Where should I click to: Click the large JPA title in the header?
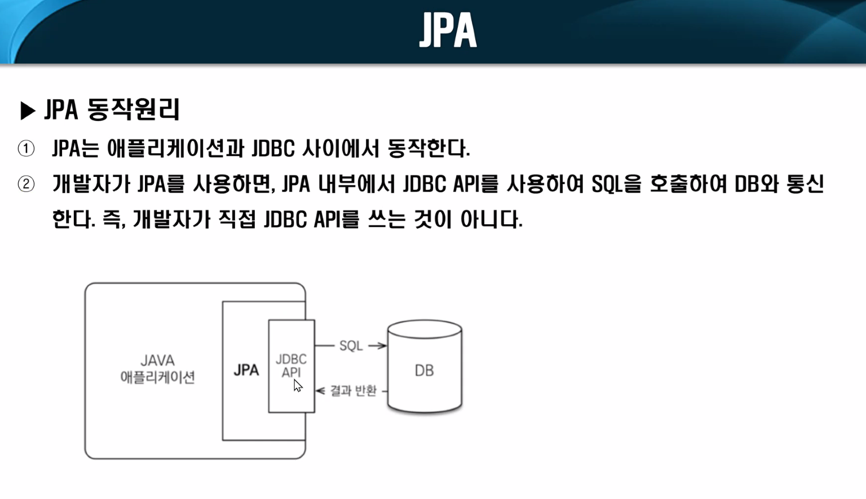pos(448,30)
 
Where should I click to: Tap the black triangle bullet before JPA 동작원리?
pos(28,110)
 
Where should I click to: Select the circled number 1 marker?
pos(26,149)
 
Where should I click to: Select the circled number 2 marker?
pos(26,184)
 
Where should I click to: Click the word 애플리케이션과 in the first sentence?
pos(175,149)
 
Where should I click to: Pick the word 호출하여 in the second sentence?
pos(688,184)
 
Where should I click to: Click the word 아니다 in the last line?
pos(491,219)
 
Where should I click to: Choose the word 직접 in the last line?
pos(237,219)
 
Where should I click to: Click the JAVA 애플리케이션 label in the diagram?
pos(157,369)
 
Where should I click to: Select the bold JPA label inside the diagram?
pos(246,370)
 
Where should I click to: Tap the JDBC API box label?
pos(291,366)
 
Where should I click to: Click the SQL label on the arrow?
pos(351,346)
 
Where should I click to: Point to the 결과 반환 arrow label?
pos(353,391)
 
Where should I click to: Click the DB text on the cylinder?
pos(424,371)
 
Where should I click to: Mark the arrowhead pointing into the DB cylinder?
pos(382,346)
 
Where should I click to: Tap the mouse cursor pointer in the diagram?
pos(298,386)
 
